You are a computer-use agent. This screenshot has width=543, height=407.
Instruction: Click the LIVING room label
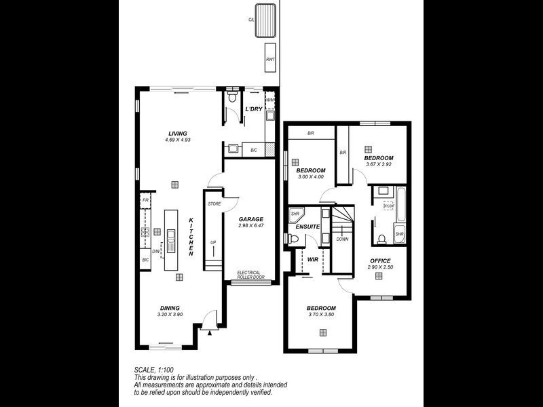pyautogui.click(x=177, y=133)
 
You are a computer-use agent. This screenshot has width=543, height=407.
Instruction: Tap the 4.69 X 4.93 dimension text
pyautogui.click(x=177, y=140)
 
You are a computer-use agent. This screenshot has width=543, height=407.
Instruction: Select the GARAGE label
pyautogui.click(x=250, y=219)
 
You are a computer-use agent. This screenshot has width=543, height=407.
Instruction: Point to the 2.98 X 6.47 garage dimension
pyautogui.click(x=250, y=226)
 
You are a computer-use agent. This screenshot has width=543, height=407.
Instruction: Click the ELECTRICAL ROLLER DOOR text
pyautogui.click(x=250, y=275)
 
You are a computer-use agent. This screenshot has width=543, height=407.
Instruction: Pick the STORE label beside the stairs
pyautogui.click(x=214, y=203)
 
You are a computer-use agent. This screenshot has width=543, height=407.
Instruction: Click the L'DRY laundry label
pyautogui.click(x=253, y=109)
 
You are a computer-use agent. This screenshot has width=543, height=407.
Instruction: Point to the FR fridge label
pyautogui.click(x=145, y=201)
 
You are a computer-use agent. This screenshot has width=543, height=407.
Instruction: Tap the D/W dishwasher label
pyautogui.click(x=155, y=251)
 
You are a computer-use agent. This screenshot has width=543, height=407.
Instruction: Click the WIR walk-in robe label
pyautogui.click(x=313, y=259)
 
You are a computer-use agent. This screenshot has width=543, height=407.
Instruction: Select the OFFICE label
pyautogui.click(x=380, y=260)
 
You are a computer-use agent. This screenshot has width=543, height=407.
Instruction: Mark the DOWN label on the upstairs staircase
pyautogui.click(x=342, y=239)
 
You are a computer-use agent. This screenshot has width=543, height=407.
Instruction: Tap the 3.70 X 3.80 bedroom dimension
pyautogui.click(x=321, y=314)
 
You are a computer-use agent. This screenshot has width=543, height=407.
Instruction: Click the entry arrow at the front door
pyautogui.click(x=210, y=333)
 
